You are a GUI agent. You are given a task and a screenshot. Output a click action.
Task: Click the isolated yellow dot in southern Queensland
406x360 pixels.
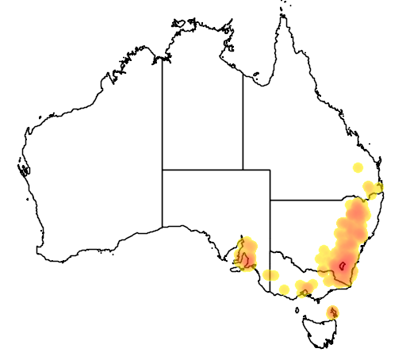click(x=358, y=168)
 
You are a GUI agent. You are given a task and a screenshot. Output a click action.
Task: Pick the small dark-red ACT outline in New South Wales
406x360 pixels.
click(x=342, y=266)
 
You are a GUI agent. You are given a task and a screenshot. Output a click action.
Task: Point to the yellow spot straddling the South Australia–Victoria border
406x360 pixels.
click(x=270, y=275)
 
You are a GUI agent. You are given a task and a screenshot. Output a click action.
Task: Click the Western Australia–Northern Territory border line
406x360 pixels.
click(x=163, y=119)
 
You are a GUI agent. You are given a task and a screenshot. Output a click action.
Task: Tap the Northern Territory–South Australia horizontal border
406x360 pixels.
click(x=202, y=169)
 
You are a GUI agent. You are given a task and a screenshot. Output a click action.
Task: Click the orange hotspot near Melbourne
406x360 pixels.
click(x=304, y=287)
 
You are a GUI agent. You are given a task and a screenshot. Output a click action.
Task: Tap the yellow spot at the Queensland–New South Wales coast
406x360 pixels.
click(x=377, y=187)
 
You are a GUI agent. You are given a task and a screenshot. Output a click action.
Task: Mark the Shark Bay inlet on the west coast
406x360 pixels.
click(x=24, y=168)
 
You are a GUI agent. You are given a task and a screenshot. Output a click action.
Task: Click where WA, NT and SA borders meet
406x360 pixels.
click(x=163, y=169)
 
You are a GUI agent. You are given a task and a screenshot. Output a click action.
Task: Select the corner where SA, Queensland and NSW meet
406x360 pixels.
click(x=270, y=200)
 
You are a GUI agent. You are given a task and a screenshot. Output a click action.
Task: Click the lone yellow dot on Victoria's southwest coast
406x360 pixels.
click(x=284, y=289)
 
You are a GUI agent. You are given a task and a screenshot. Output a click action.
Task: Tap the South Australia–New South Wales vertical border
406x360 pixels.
click(x=270, y=230)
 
